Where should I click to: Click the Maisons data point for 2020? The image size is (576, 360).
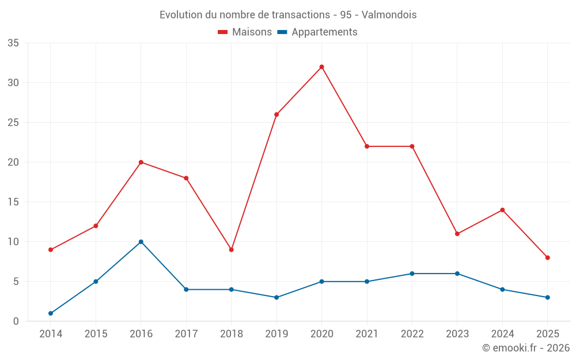[321, 67]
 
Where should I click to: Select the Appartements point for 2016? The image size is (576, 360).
[141, 242]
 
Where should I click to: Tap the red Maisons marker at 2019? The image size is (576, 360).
[276, 115]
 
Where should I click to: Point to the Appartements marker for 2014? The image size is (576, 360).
[51, 313]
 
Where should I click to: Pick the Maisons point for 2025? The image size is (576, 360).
[547, 257]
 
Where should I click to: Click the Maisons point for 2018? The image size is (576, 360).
[231, 249]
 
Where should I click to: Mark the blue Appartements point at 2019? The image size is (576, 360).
[276, 297]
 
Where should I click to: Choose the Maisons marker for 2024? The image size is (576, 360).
[502, 210]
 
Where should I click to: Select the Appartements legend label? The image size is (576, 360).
[324, 32]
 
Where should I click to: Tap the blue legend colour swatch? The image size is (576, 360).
[282, 32]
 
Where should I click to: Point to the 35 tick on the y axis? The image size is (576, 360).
[13, 43]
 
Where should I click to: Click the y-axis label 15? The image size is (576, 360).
[13, 202]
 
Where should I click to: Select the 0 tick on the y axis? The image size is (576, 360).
[16, 321]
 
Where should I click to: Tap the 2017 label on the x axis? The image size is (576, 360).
[186, 334]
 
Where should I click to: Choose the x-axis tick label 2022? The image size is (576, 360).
[412, 334]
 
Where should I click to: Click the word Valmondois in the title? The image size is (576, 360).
[389, 15]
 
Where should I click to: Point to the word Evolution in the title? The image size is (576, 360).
[177, 15]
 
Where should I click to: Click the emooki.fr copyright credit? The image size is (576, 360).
[525, 348]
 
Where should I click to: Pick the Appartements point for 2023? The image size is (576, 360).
[457, 274]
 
